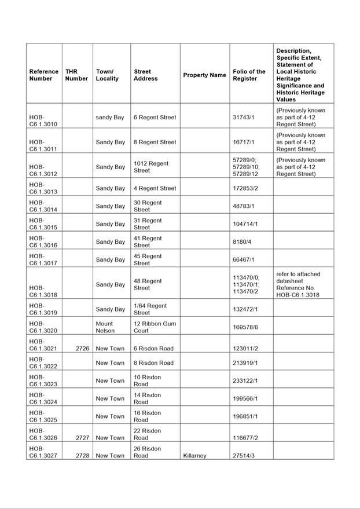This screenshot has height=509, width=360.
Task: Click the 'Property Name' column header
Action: (x=204, y=75)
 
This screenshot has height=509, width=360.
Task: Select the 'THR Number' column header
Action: (x=76, y=75)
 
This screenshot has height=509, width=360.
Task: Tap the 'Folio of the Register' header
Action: (x=249, y=75)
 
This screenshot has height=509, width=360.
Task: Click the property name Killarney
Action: (x=195, y=456)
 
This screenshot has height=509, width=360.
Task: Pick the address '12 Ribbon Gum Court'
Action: (x=155, y=327)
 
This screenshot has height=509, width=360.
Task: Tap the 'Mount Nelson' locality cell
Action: (x=105, y=327)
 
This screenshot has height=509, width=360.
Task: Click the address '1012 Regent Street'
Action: (x=151, y=167)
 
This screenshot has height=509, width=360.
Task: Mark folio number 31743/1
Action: (x=244, y=118)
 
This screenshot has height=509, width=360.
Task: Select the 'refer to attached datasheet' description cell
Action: (x=298, y=284)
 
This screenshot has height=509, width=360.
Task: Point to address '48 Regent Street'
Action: (x=148, y=284)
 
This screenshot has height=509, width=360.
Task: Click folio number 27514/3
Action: (x=244, y=456)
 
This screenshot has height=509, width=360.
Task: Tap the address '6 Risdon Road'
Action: (x=153, y=349)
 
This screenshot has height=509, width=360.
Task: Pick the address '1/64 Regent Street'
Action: (x=150, y=309)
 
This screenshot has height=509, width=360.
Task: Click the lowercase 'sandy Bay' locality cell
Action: (x=110, y=118)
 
